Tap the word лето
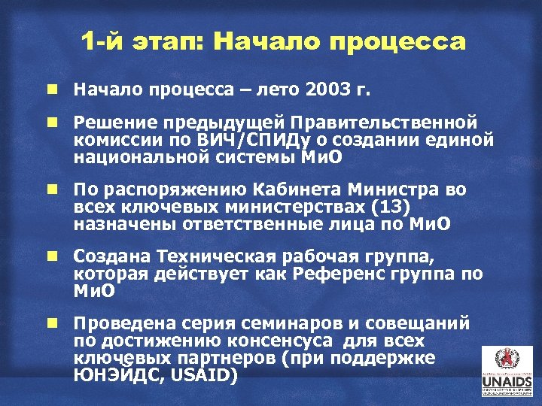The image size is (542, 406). click(x=279, y=90)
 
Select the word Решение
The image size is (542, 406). click(x=110, y=122)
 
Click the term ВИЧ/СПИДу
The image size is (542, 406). click(x=245, y=140)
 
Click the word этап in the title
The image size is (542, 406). click(x=164, y=42)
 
